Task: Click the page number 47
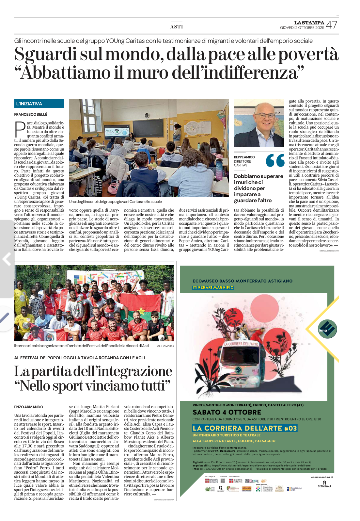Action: [x=332, y=25]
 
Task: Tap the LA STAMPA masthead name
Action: [x=309, y=23]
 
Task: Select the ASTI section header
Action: [x=177, y=27]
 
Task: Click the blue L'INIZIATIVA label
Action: [x=39, y=104]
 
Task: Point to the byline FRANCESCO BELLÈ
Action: [x=31, y=114]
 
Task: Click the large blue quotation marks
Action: [x=275, y=160]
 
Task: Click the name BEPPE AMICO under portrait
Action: [x=244, y=157]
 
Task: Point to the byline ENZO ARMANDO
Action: [x=29, y=407]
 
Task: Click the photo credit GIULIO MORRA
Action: [x=165, y=346]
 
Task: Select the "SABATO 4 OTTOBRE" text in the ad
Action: [x=227, y=412]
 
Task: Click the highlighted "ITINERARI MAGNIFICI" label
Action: [x=213, y=287]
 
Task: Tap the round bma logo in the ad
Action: [x=327, y=329]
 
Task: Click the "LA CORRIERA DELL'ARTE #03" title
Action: [x=244, y=428]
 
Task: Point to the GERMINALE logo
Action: [x=324, y=484]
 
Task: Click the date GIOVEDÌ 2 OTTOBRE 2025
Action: [x=302, y=28]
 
